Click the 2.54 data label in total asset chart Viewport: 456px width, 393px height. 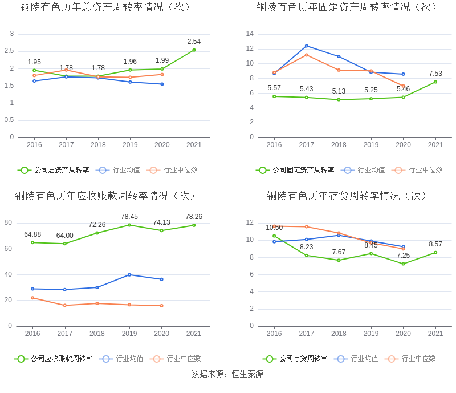click(x=194, y=42)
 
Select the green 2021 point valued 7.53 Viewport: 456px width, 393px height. click(x=435, y=82)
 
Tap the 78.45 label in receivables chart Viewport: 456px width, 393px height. click(x=129, y=217)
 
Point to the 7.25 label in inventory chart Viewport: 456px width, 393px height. click(x=403, y=255)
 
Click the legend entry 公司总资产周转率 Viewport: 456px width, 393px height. click(x=54, y=170)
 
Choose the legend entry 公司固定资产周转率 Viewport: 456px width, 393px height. click(x=295, y=170)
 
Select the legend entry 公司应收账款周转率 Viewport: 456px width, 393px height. click(x=54, y=359)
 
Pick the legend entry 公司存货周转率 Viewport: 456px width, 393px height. click(x=295, y=359)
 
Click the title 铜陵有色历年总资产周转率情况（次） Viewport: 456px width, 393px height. click(x=105, y=7)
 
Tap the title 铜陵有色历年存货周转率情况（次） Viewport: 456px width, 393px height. click(x=348, y=196)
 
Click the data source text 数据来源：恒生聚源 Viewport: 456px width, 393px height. click(x=227, y=374)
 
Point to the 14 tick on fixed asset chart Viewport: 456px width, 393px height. click(x=249, y=34)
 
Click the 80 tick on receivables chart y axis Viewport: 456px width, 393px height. click(x=9, y=222)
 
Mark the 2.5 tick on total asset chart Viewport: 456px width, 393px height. click(x=9, y=51)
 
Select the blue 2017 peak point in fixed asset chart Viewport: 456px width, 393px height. click(x=307, y=46)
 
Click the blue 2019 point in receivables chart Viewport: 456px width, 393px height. click(x=129, y=274)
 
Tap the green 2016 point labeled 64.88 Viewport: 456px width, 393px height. click(x=32, y=242)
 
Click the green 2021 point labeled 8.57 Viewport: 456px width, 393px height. click(x=435, y=252)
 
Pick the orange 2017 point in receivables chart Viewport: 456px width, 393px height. click(x=65, y=305)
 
